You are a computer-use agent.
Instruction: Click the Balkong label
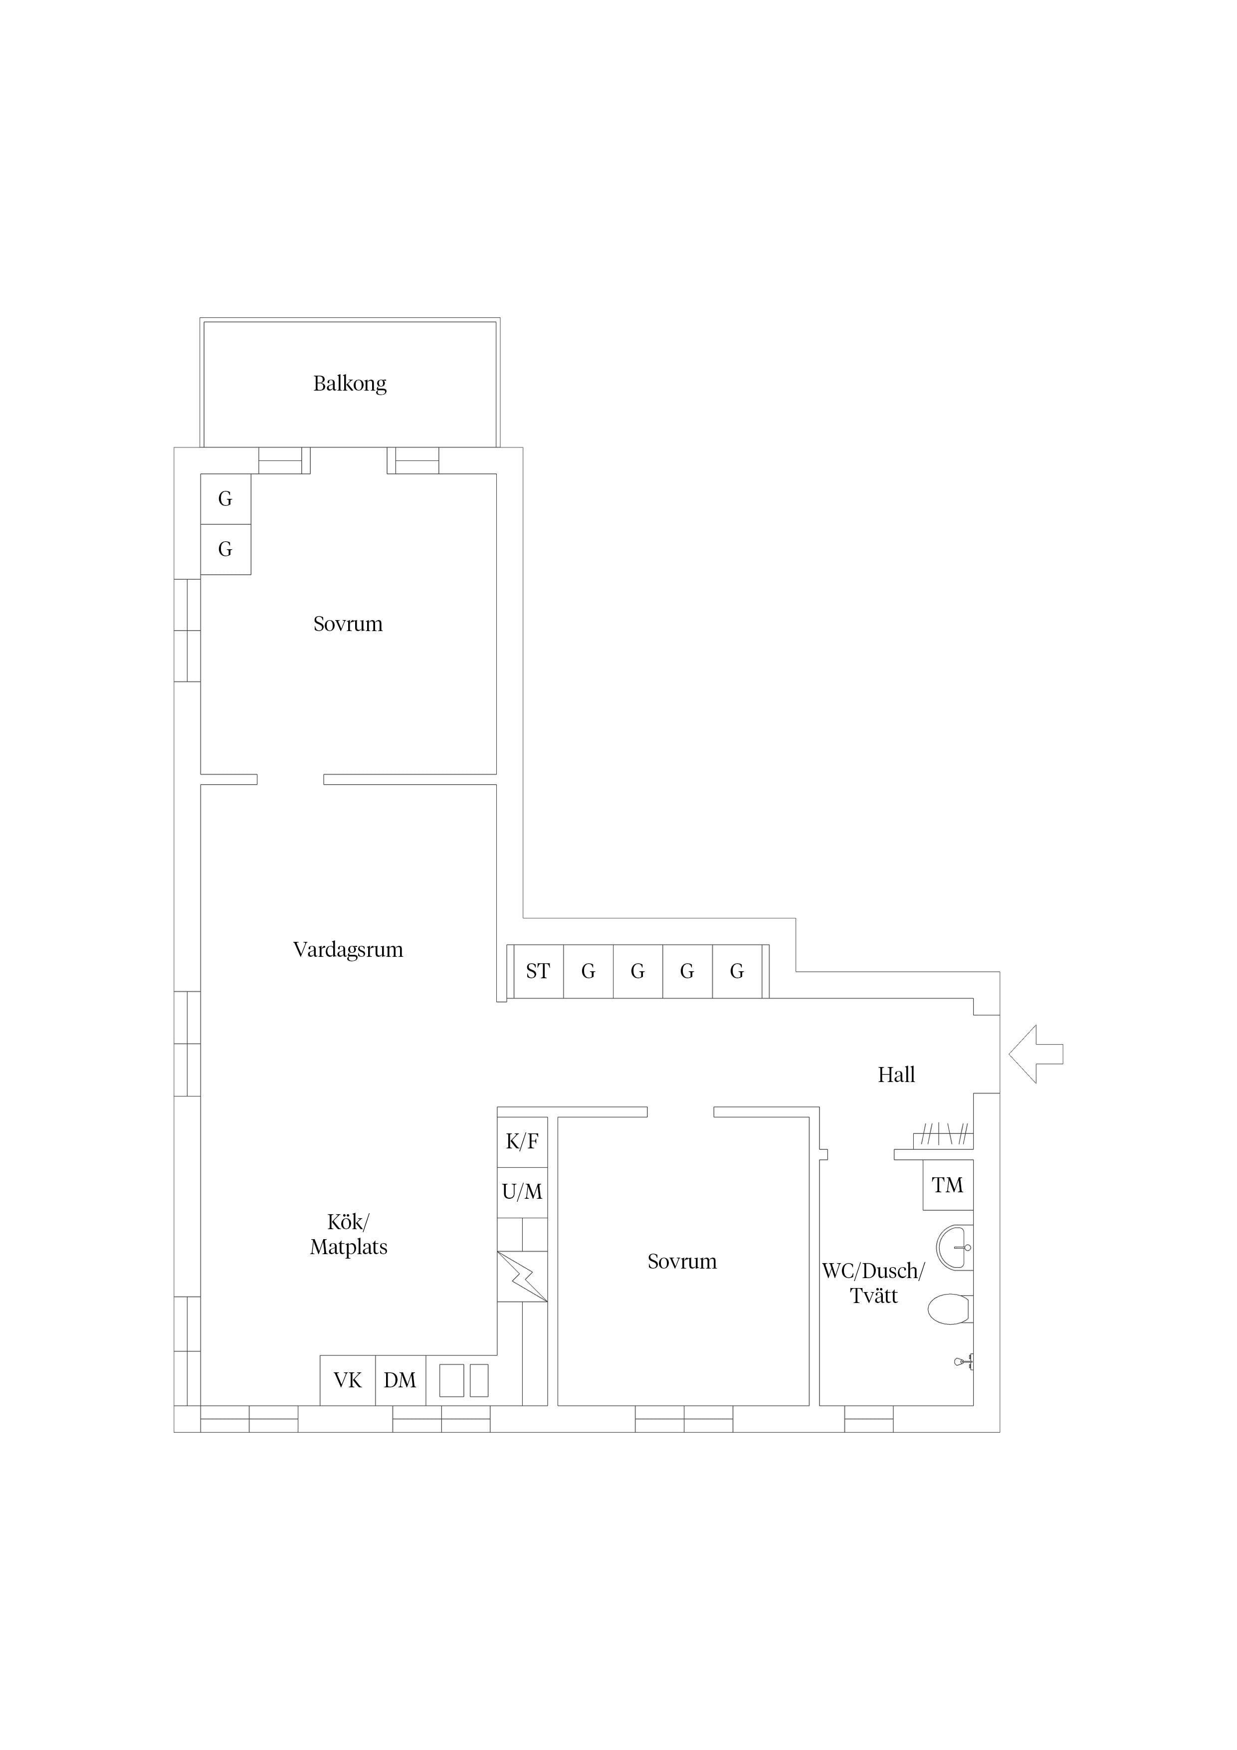[x=350, y=384]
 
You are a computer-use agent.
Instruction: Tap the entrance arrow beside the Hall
[x=1036, y=1054]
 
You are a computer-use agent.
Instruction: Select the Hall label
[x=896, y=1075]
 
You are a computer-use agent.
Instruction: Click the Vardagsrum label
[x=348, y=950]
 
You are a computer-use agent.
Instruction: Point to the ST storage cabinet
[x=538, y=971]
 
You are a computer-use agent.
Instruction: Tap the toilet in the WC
[x=949, y=1310]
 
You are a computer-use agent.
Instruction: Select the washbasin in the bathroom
[x=955, y=1248]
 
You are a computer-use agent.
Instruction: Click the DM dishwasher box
[x=400, y=1380]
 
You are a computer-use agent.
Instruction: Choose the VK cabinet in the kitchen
[x=348, y=1380]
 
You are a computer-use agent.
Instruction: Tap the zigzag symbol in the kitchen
[x=522, y=1277]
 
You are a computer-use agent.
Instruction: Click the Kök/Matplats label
[x=348, y=1235]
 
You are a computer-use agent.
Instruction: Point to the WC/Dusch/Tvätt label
[x=873, y=1284]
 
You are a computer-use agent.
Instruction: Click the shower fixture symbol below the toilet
[x=964, y=1361]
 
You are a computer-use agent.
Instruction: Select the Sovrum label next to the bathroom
[x=682, y=1262]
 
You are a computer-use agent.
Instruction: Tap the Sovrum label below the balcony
[x=348, y=624]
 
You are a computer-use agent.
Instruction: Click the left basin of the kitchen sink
[x=452, y=1380]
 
